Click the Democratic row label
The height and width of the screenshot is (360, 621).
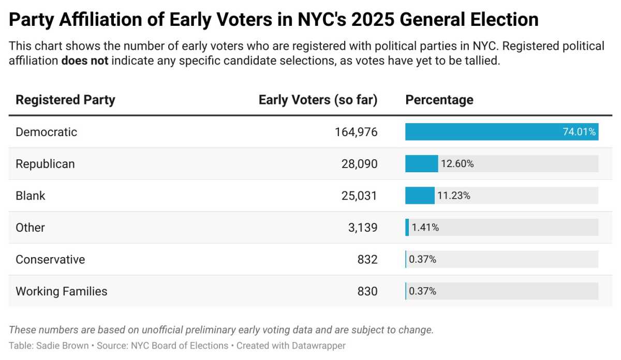(46, 132)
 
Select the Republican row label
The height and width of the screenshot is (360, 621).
(45, 164)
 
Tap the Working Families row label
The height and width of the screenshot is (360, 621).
(61, 291)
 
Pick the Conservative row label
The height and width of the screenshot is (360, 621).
(50, 259)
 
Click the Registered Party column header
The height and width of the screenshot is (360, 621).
(65, 100)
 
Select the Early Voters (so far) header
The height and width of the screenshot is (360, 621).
(318, 100)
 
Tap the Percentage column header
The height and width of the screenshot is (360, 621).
(439, 100)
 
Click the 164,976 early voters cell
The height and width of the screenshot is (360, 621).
(356, 132)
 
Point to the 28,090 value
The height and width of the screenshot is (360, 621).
(360, 164)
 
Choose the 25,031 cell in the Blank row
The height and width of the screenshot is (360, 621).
(360, 196)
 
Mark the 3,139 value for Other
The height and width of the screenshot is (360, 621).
(363, 228)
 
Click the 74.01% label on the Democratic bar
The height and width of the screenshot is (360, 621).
(579, 132)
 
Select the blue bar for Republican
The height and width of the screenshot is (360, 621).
(421, 164)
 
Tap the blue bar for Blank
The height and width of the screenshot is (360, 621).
(420, 196)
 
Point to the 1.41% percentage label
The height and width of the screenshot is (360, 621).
(425, 228)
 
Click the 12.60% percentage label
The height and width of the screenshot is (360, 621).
(457, 164)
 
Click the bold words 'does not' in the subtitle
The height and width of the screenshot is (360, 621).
(84, 60)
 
